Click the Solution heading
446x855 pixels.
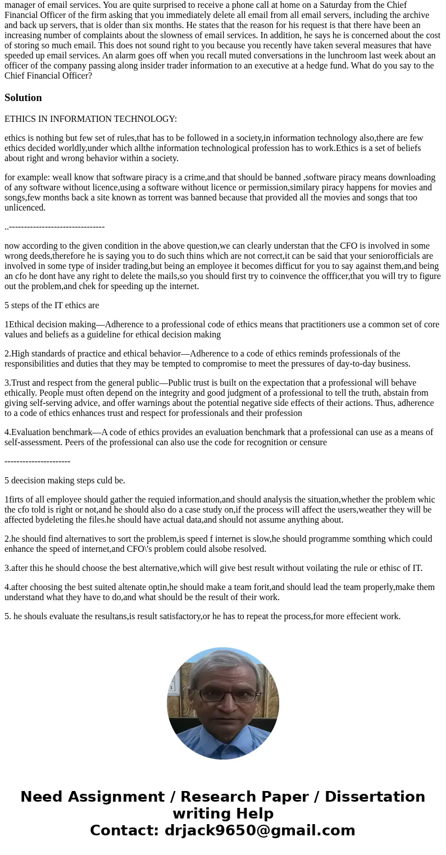23,98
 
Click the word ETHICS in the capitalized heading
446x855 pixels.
20,119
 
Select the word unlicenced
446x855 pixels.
25,208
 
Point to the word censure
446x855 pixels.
312,442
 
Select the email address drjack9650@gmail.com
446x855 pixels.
260,831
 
